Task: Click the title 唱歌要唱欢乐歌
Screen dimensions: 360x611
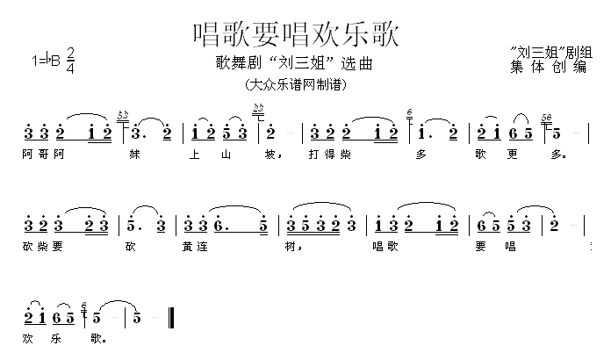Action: click(x=296, y=34)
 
